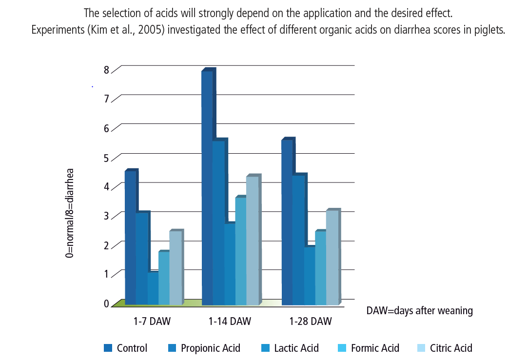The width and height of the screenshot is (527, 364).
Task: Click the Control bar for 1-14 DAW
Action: [207, 188]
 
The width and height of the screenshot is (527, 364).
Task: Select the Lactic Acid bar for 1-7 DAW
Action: [153, 288]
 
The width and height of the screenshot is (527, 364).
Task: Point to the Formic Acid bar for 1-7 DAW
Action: [164, 278]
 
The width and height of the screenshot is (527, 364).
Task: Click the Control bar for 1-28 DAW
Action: [287, 222]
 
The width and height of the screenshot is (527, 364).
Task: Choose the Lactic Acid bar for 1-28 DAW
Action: [310, 276]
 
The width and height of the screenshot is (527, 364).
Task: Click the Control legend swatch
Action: [108, 348]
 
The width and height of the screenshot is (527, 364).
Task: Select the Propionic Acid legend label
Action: [211, 348]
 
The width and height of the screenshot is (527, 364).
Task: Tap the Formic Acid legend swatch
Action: [342, 348]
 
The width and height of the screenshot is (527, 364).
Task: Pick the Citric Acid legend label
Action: [451, 348]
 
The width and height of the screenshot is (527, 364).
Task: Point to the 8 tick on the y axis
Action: [107, 70]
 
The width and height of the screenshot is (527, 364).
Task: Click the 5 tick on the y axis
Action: [107, 158]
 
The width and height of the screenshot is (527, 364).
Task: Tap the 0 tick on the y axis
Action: [107, 303]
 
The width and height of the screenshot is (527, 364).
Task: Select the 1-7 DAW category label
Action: [152, 321]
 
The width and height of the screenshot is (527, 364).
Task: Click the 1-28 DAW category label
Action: [311, 321]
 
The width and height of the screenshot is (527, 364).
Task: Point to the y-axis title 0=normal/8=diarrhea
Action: [70, 213]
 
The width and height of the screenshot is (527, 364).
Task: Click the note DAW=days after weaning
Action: [419, 310]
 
